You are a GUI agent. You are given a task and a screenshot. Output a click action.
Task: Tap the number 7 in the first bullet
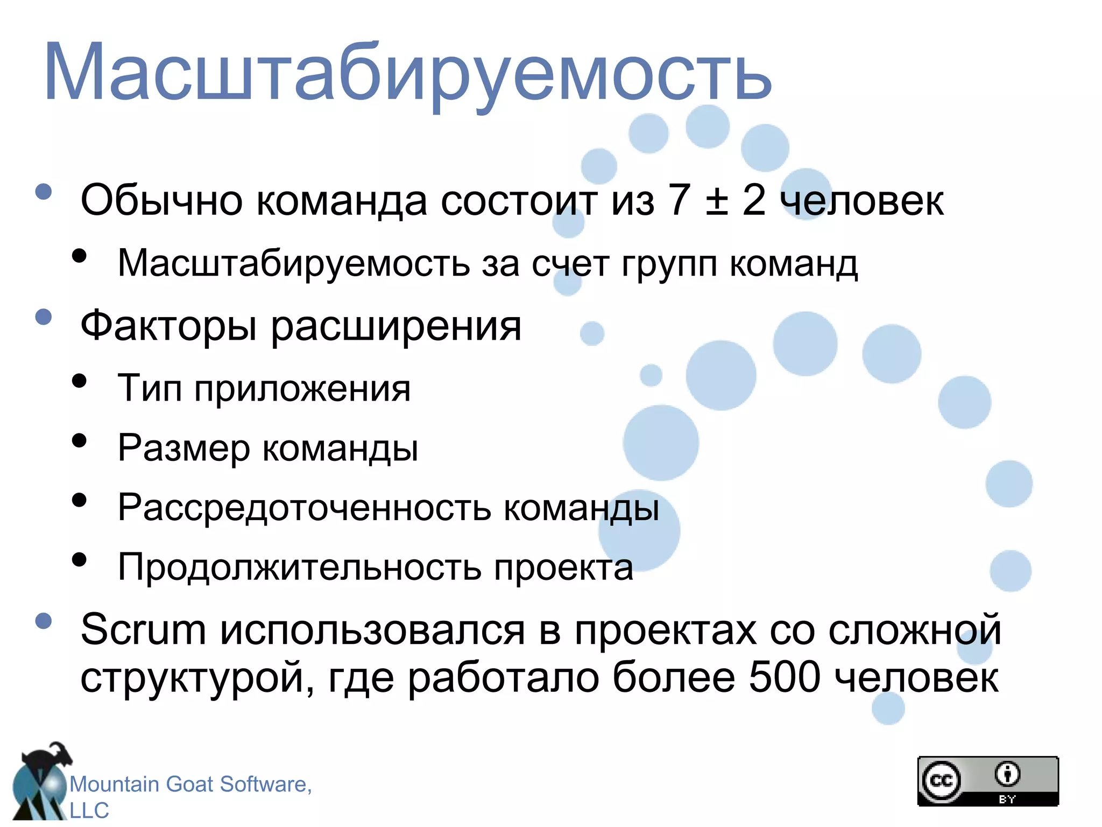[679, 200]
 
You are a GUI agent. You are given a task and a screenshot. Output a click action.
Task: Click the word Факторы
[168, 326]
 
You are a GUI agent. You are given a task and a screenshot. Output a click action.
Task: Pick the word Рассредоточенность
[304, 507]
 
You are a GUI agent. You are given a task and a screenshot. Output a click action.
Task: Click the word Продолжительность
[299, 567]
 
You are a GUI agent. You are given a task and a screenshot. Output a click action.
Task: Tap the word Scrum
[143, 629]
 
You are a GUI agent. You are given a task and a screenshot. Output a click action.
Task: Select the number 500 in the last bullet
[785, 677]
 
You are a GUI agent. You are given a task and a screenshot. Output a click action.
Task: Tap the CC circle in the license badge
[941, 781]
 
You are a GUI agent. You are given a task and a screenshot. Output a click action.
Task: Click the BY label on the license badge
[1007, 800]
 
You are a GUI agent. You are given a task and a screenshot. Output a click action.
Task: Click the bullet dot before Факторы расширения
[44, 317]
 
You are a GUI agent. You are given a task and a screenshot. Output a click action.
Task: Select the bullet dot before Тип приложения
[79, 381]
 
